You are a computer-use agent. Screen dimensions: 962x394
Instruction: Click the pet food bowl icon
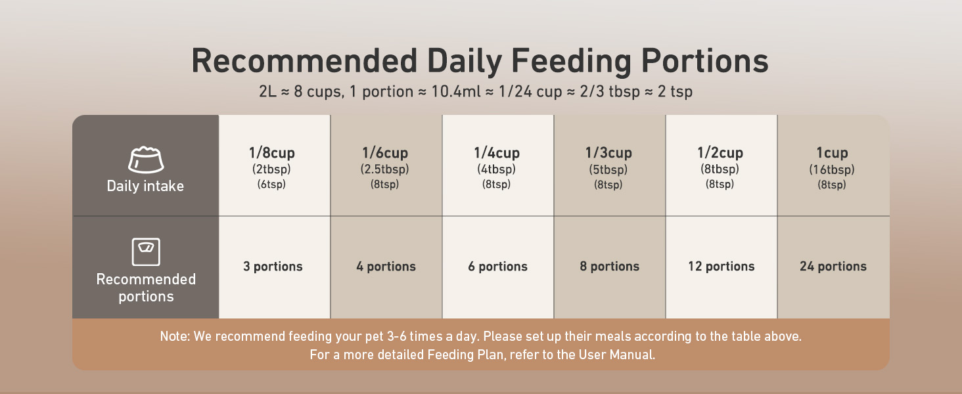point(146,160)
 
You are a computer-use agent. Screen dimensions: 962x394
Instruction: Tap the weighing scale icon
point(146,252)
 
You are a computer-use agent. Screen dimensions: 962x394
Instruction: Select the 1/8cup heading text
point(272,153)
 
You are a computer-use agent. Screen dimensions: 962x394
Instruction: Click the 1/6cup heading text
point(385,153)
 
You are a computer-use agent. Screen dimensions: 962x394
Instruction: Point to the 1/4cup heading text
point(497,153)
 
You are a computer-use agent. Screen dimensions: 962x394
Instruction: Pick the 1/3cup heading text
point(608,153)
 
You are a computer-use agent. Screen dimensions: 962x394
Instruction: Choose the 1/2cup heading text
point(720,153)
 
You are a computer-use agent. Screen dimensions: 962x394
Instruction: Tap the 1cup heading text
point(833,153)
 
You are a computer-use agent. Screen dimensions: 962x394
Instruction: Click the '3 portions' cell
point(273,267)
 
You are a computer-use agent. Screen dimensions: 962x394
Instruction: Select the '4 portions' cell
point(386,267)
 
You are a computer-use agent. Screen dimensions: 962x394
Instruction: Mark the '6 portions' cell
point(497,267)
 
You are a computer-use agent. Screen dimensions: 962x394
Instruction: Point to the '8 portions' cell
point(609,267)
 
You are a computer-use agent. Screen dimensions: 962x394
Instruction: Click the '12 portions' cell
point(721,267)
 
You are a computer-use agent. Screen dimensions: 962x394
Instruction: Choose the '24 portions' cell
point(833,267)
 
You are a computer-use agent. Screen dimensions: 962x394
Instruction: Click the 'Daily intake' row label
point(145,186)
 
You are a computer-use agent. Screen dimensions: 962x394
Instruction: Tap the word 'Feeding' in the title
point(571,61)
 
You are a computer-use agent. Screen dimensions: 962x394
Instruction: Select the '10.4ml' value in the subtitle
point(455,91)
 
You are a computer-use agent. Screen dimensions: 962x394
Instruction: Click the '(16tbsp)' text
point(832,169)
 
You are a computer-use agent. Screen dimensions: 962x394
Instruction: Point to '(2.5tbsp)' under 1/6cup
point(385,169)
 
